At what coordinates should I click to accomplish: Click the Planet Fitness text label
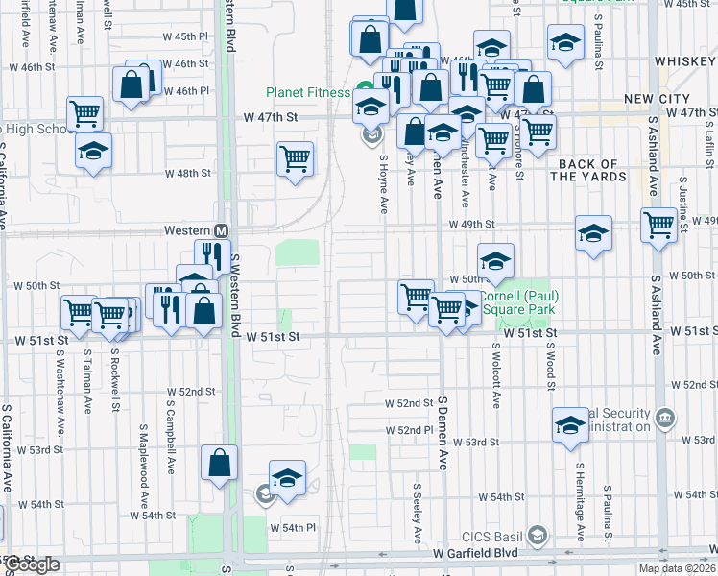coord(307,93)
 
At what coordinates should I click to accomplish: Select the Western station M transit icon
coord(221,231)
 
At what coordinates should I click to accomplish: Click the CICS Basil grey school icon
coord(538,534)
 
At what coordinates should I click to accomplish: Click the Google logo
coord(31,564)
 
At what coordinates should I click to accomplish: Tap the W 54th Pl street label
coord(293,528)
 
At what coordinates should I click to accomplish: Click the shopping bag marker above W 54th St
coord(220,462)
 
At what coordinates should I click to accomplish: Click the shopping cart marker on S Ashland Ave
coord(659,225)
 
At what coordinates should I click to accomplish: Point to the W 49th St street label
coord(473,225)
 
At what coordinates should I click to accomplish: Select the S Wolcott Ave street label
coord(496,370)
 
